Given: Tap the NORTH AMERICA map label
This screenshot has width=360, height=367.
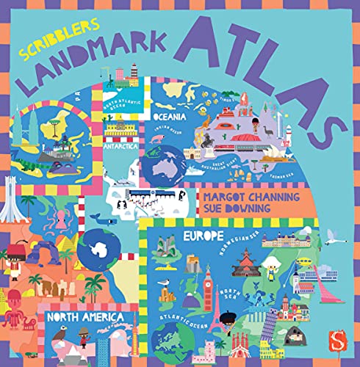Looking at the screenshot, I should tap(88, 318).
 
